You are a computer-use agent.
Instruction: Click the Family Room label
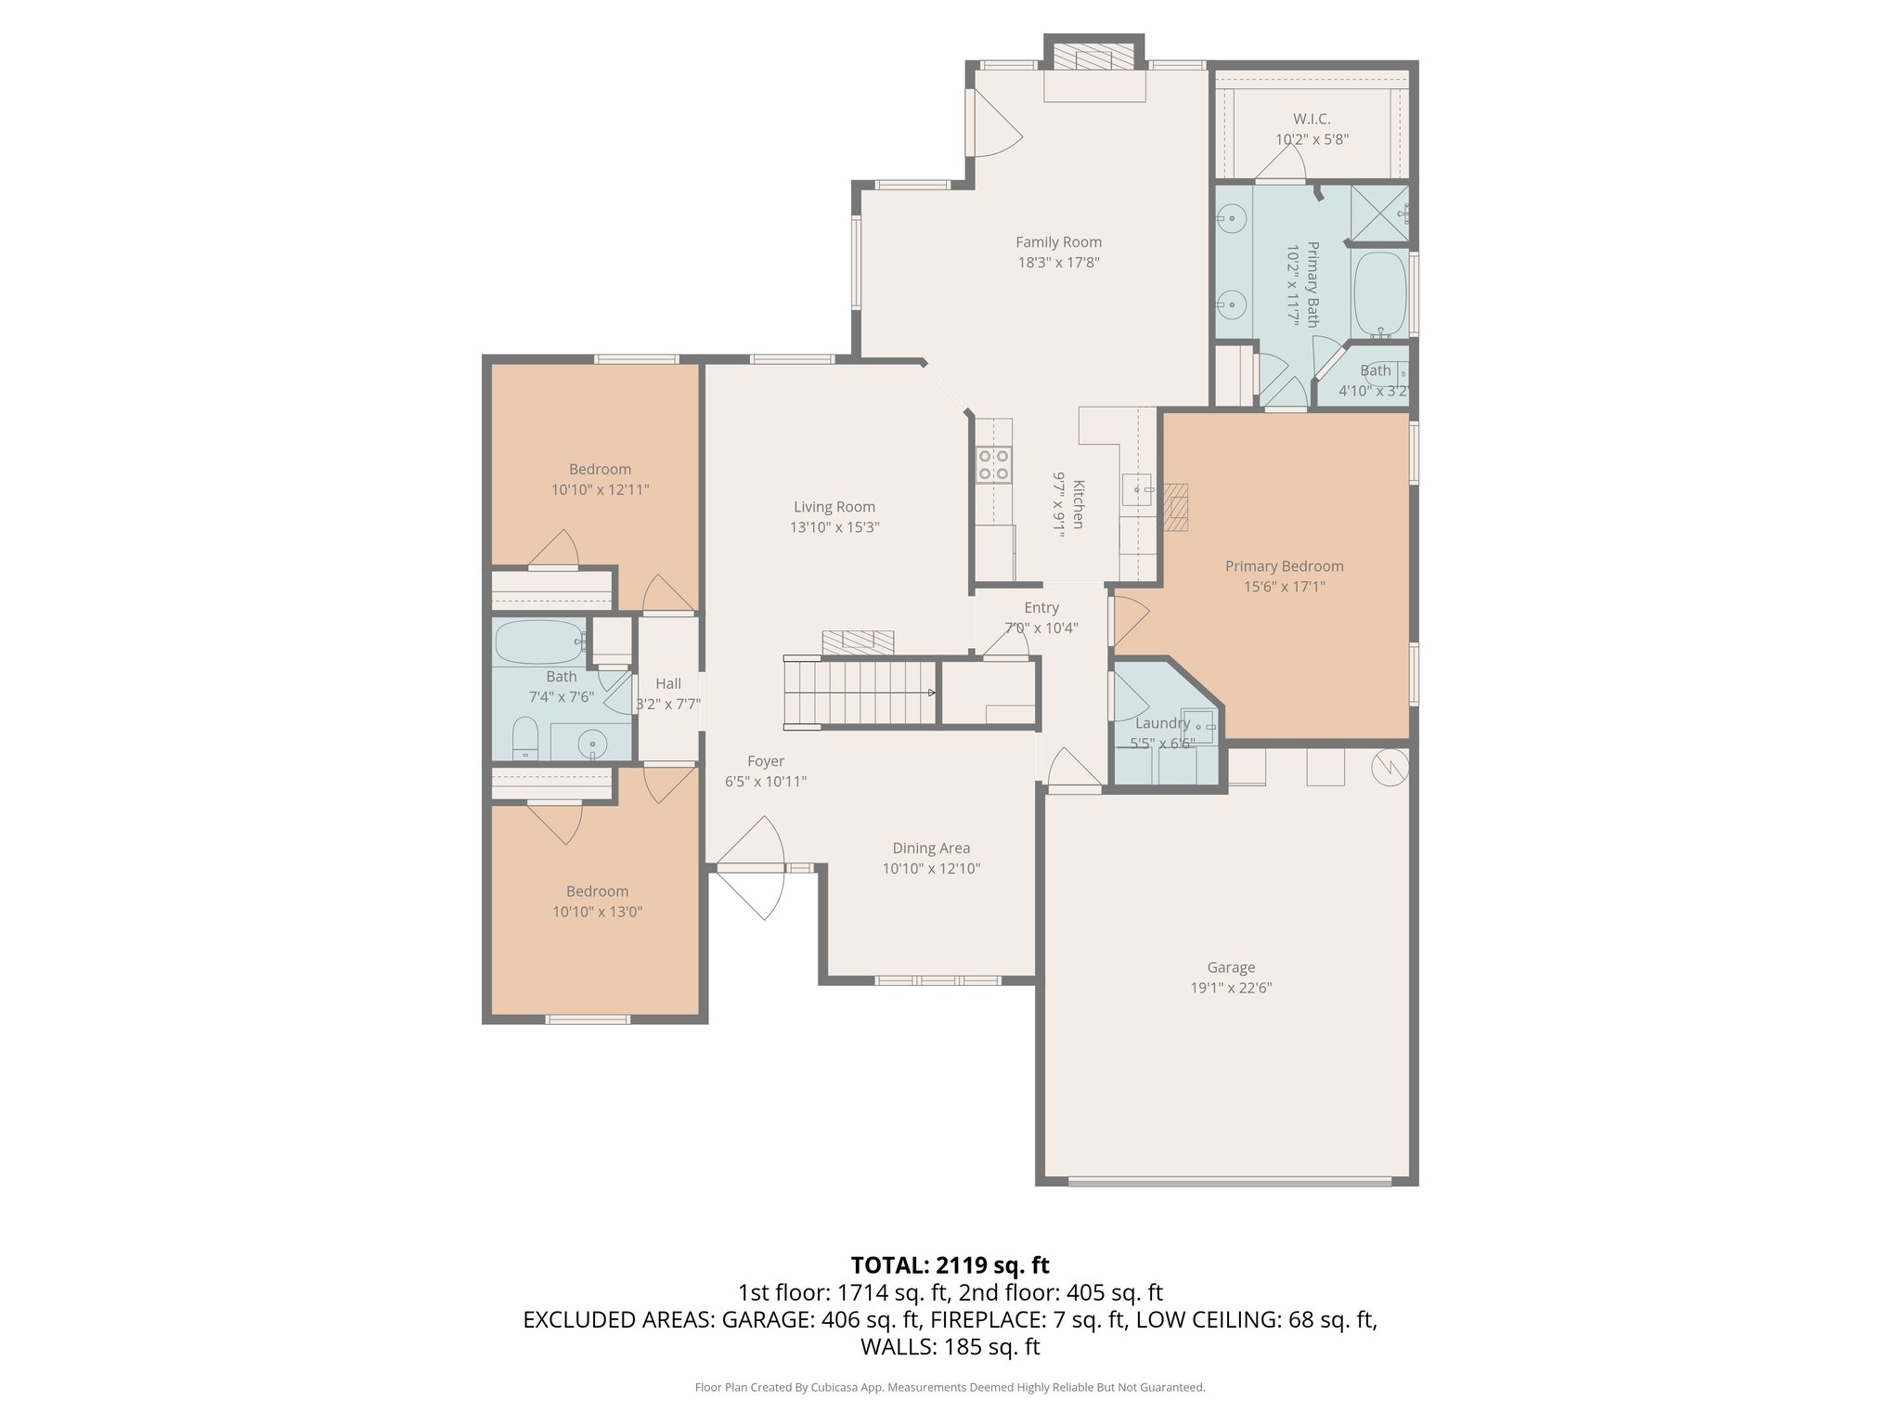[x=1058, y=242]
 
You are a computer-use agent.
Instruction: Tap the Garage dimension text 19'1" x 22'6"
[x=1231, y=988]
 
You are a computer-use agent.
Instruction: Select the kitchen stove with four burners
[x=992, y=464]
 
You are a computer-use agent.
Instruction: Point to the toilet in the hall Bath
[x=525, y=738]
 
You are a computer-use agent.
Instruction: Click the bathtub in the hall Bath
[x=537, y=641]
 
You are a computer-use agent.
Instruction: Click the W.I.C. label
[x=1312, y=119]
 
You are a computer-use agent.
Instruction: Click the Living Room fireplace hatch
[x=857, y=642]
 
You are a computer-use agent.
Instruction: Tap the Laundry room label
[x=1162, y=723]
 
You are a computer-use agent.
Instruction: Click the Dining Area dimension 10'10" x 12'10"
[x=931, y=869]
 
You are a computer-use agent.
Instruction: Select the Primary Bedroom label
[x=1284, y=566]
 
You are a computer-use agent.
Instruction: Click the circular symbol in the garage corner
[x=1390, y=765]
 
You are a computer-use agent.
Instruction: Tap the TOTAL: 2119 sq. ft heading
[x=950, y=1264]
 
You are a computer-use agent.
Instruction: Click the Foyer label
[x=766, y=761]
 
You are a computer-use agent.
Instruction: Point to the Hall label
[x=667, y=683]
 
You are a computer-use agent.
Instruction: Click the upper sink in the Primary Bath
[x=1232, y=220]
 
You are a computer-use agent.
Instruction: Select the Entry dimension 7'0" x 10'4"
[x=1041, y=628]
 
